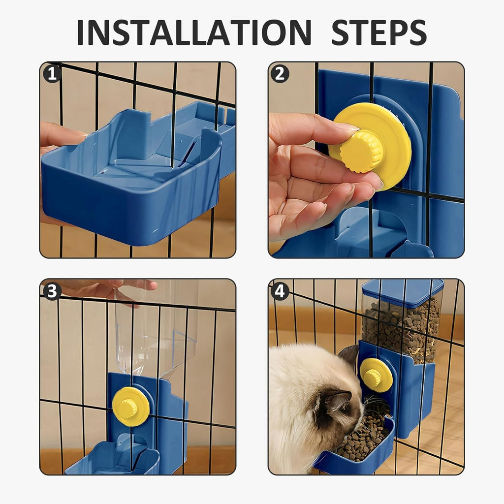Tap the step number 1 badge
point(52,74)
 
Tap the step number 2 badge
point(280,74)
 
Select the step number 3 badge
point(52,291)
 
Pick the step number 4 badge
point(280,291)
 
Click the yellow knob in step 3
point(130,407)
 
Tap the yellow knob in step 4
point(376,375)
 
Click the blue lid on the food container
point(403,291)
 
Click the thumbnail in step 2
point(348,128)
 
